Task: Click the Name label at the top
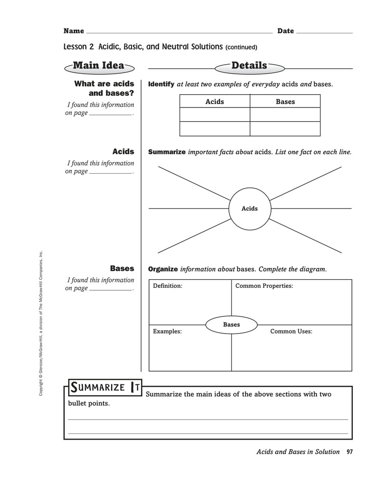click(74, 31)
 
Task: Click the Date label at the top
click(286, 31)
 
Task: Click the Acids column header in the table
click(215, 101)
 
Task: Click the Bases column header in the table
click(285, 101)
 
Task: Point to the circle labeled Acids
click(250, 188)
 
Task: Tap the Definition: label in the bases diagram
click(168, 286)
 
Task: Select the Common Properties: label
click(264, 286)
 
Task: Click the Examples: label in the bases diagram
click(167, 331)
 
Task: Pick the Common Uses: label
click(291, 331)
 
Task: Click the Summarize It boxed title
click(105, 387)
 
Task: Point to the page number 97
click(350, 452)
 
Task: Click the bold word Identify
click(161, 84)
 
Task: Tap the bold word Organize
click(163, 269)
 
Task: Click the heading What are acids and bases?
click(104, 88)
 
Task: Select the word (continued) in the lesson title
click(241, 47)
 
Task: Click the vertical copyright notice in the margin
click(40, 324)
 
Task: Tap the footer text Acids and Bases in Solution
click(298, 452)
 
